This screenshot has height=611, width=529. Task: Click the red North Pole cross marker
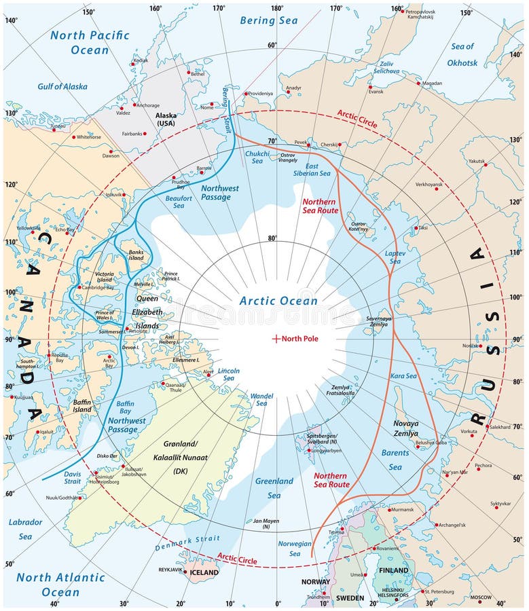click(276, 338)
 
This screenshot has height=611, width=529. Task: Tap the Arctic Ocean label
click(278, 301)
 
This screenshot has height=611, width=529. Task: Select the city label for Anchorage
click(147, 105)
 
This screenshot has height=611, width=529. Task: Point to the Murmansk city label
click(402, 509)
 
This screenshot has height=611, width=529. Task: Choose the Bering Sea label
click(268, 20)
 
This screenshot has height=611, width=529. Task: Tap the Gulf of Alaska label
click(62, 86)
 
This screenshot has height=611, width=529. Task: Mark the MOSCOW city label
click(481, 597)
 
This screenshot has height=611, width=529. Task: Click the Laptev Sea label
click(395, 257)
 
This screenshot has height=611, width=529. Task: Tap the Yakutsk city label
click(477, 161)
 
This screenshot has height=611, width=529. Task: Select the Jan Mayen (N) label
click(266, 524)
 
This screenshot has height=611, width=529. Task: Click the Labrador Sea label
click(25, 529)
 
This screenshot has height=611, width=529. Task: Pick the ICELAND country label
click(203, 572)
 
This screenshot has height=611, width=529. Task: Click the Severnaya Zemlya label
click(379, 321)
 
